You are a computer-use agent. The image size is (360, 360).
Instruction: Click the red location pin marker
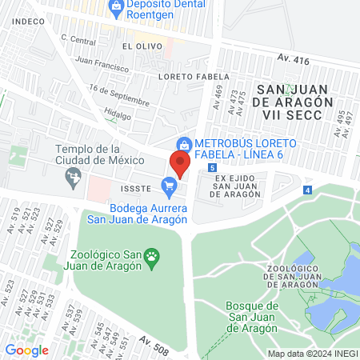179,164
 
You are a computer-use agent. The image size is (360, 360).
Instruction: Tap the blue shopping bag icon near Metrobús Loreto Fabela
184,144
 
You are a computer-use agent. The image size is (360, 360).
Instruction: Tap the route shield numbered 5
211,168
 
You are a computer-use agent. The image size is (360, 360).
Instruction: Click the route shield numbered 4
307,190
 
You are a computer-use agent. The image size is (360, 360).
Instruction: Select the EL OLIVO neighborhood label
138,47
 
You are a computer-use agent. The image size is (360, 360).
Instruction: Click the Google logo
26,350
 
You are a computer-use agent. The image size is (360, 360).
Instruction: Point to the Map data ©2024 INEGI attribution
311,354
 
